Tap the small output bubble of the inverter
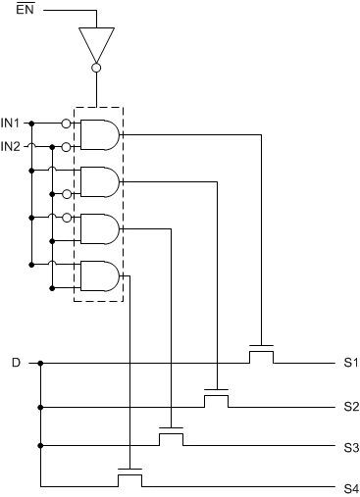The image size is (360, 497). [x=95, y=69]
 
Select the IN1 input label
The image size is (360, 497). [x=11, y=124]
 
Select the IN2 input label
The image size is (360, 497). [x=11, y=146]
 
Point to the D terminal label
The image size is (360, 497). [x=15, y=364]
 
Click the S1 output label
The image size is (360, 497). [x=350, y=364]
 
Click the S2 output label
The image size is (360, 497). [x=350, y=406]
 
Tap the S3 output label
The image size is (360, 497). [x=350, y=447]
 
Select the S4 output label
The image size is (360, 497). [x=350, y=487]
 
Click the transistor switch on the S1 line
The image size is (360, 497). [x=261, y=354]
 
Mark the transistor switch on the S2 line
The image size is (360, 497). [x=216, y=396]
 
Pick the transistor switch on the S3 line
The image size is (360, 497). [x=172, y=437]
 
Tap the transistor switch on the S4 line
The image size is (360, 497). [x=129, y=477]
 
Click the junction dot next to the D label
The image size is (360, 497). [x=40, y=364]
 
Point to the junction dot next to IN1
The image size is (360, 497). [x=31, y=124]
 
